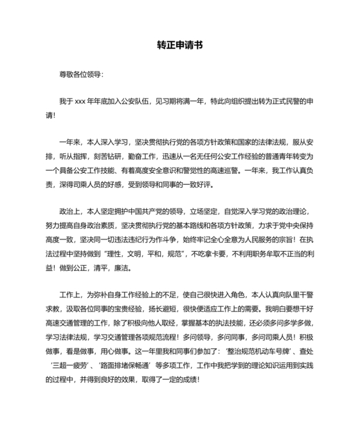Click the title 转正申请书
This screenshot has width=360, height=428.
[180, 46]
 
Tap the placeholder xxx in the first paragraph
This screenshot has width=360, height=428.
[80, 102]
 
